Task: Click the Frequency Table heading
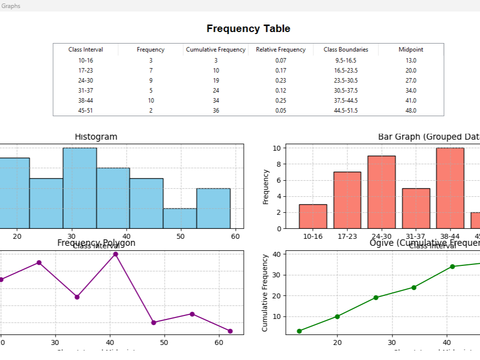[x=248, y=29]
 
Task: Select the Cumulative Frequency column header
[x=216, y=50]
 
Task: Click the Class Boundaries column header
[x=346, y=50]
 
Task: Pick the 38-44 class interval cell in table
[x=86, y=101]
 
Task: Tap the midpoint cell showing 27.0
[x=410, y=81]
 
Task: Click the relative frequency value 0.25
[x=281, y=101]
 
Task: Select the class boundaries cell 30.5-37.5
[x=346, y=91]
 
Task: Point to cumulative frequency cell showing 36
[x=216, y=111]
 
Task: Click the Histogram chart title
[x=96, y=137]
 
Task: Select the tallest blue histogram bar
[x=80, y=188]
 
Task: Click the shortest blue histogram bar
[x=180, y=218]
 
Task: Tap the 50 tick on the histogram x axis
[x=180, y=236]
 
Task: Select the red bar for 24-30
[x=381, y=192]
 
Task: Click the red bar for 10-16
[x=313, y=216]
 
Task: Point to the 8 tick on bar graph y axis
[x=276, y=164]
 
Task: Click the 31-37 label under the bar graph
[x=415, y=236]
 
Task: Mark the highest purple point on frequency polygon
[x=116, y=254]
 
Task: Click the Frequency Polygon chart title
[x=96, y=243]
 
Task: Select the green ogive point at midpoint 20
[x=337, y=316]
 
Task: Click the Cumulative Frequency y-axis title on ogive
[x=265, y=293]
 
